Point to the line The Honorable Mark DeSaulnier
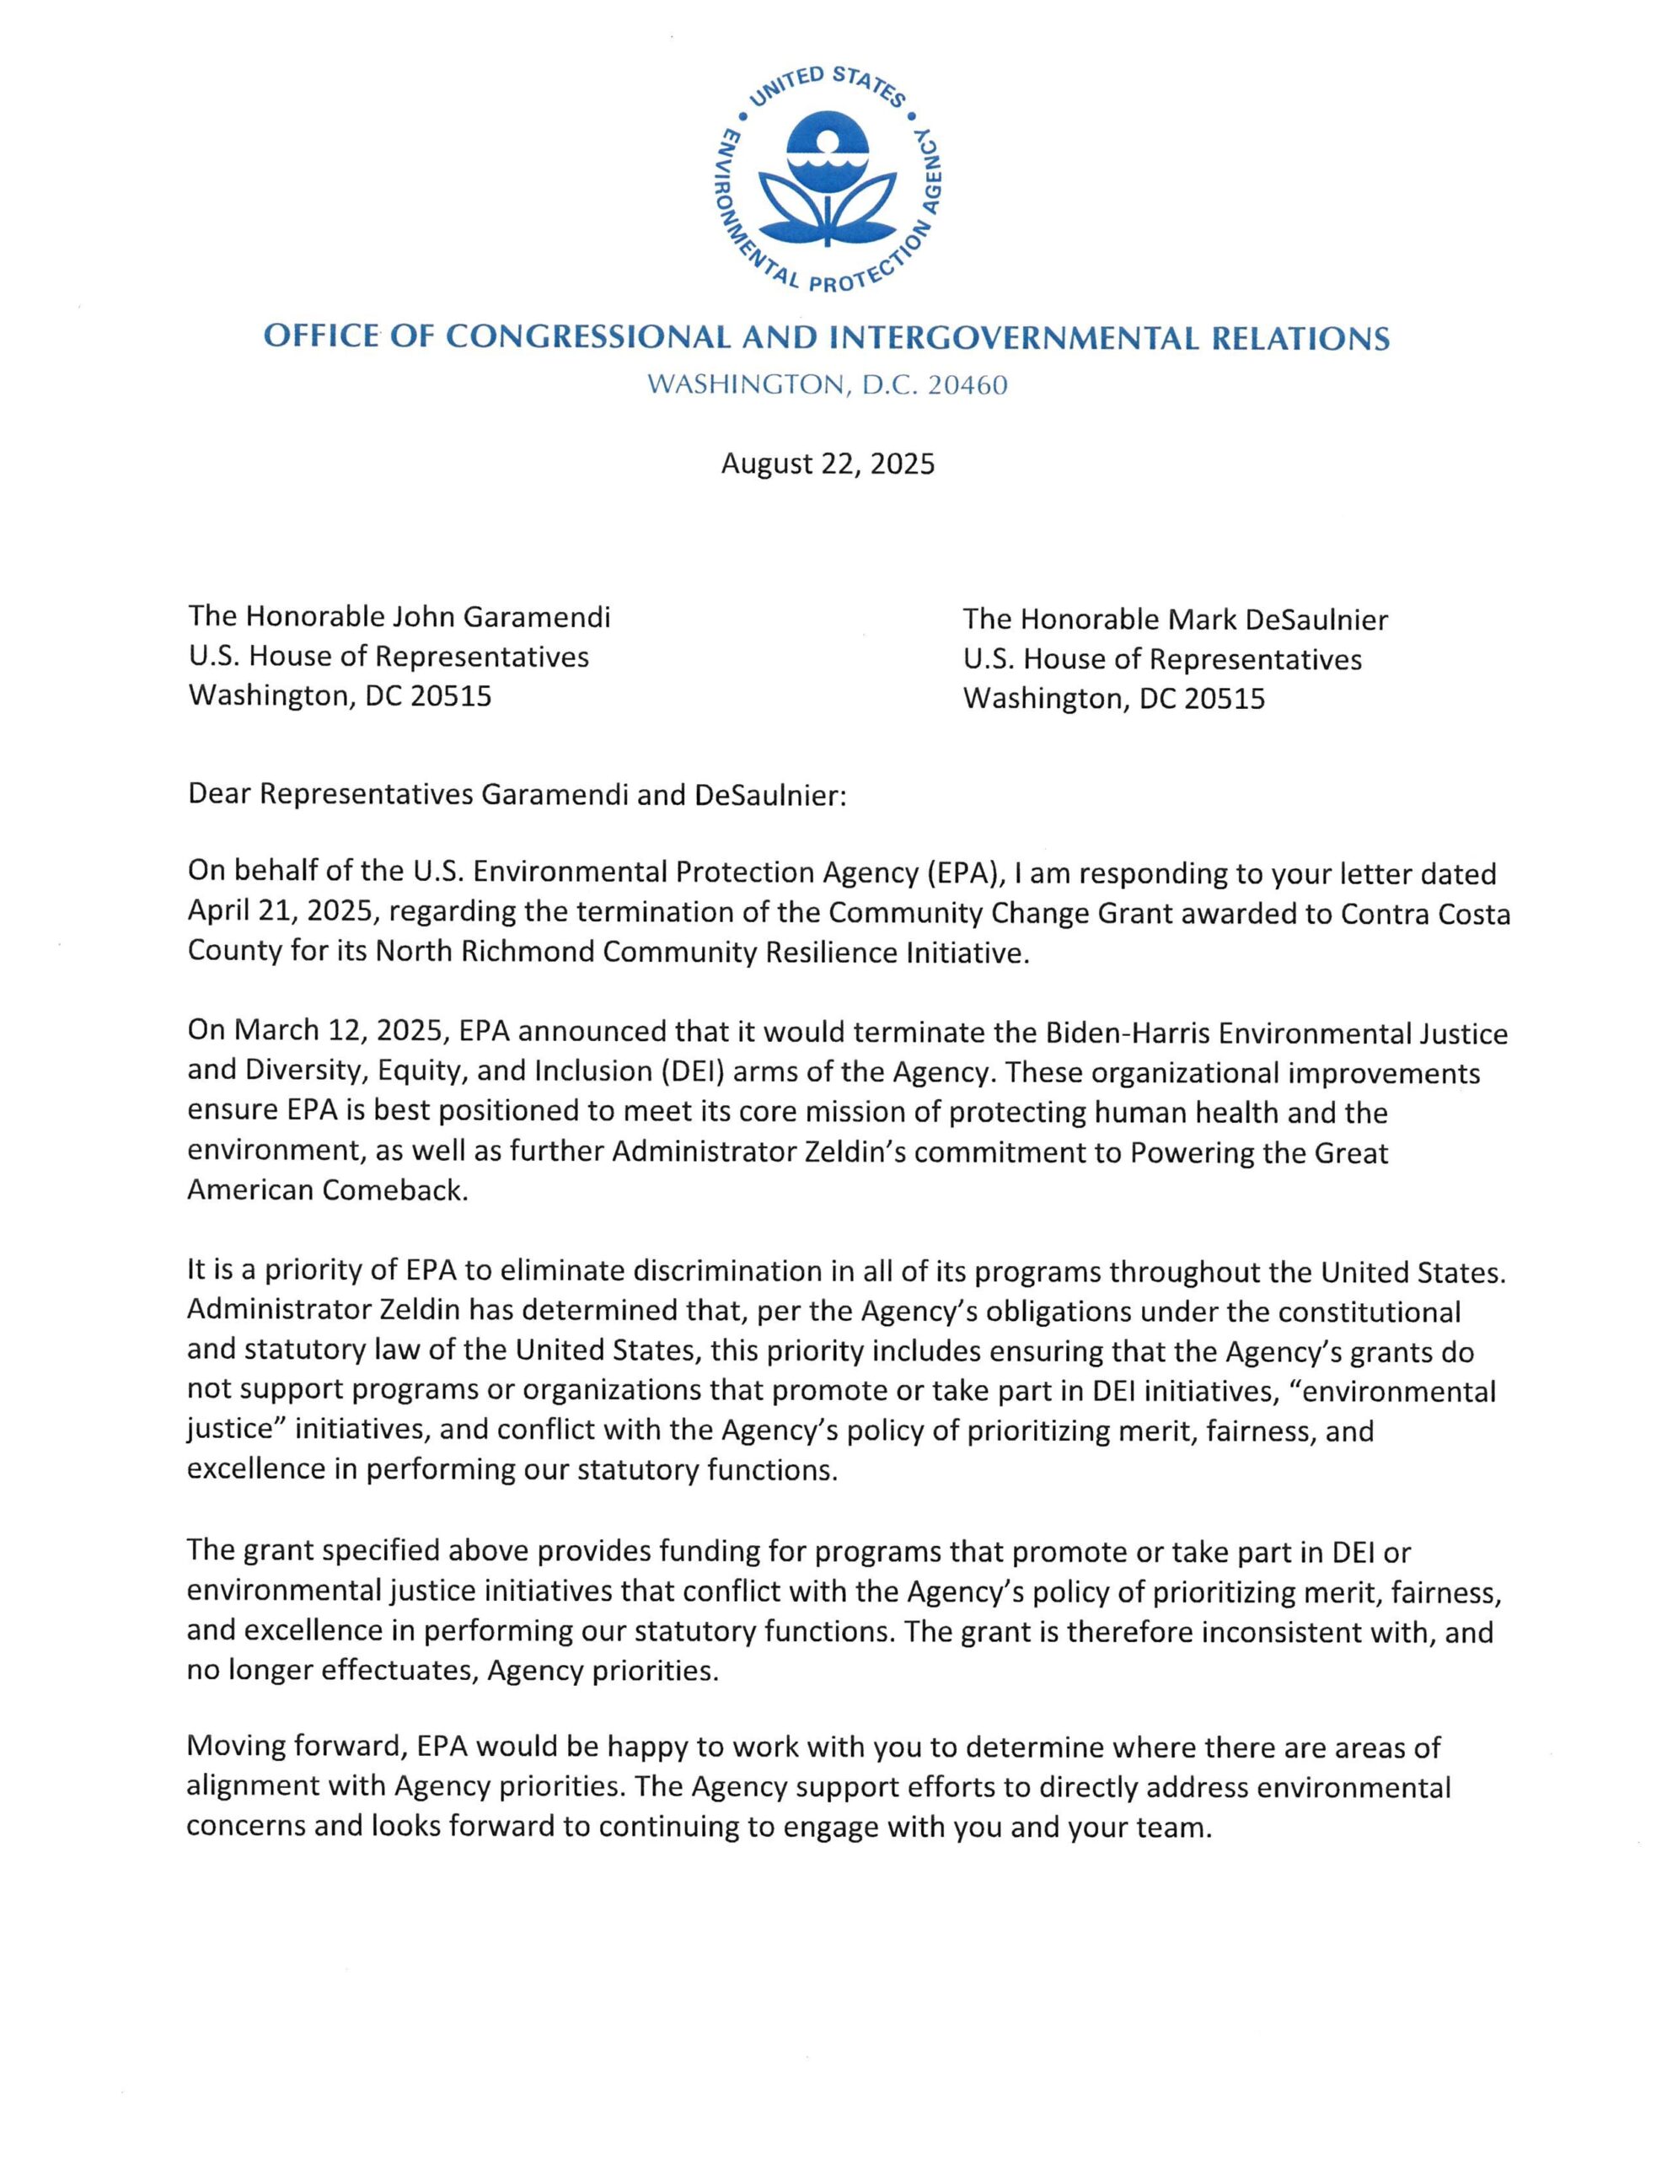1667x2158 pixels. pos(1175,620)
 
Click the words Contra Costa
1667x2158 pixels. pos(1425,914)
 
